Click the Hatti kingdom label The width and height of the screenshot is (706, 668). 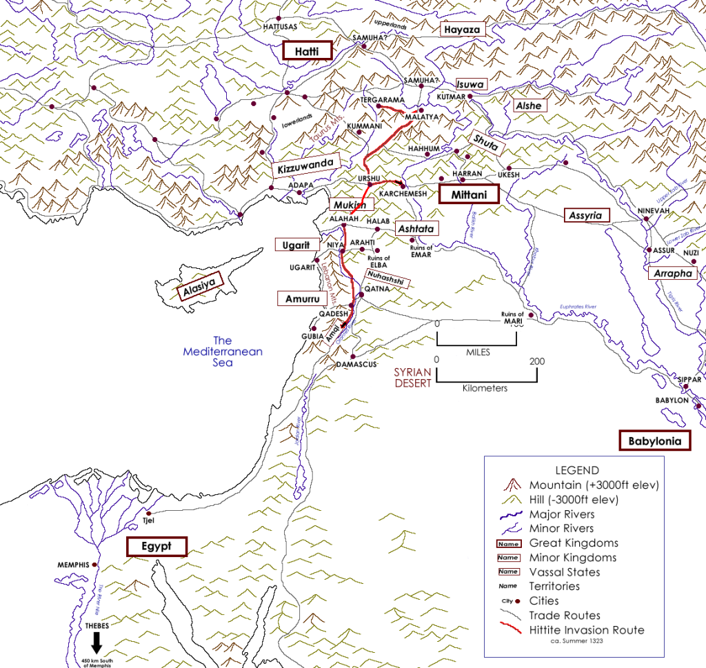click(x=307, y=51)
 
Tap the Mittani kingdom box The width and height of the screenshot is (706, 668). click(x=470, y=195)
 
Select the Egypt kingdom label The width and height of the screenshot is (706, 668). click(x=157, y=547)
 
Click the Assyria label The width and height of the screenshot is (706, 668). click(x=587, y=216)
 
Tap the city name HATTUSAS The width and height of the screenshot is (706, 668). click(x=280, y=26)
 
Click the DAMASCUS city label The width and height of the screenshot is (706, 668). click(x=356, y=363)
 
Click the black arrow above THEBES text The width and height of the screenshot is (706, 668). click(x=97, y=642)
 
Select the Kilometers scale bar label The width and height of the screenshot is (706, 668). click(x=486, y=388)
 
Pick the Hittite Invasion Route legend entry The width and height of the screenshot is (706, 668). click(x=587, y=629)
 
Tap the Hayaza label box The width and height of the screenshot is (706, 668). click(x=463, y=30)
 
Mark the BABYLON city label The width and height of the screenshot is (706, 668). click(x=672, y=401)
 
